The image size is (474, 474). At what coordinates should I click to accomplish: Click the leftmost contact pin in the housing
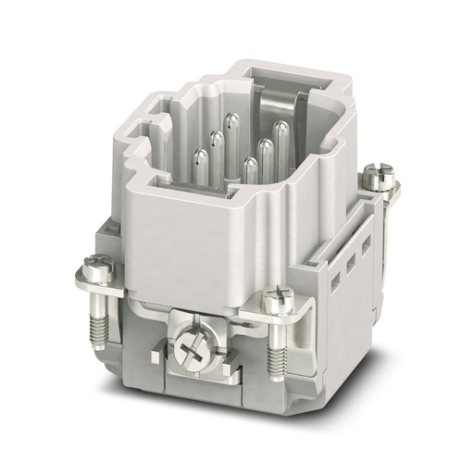point(196,158)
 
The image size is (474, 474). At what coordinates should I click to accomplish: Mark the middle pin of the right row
point(266,149)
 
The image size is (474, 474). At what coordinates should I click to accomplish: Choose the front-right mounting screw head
point(275,300)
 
